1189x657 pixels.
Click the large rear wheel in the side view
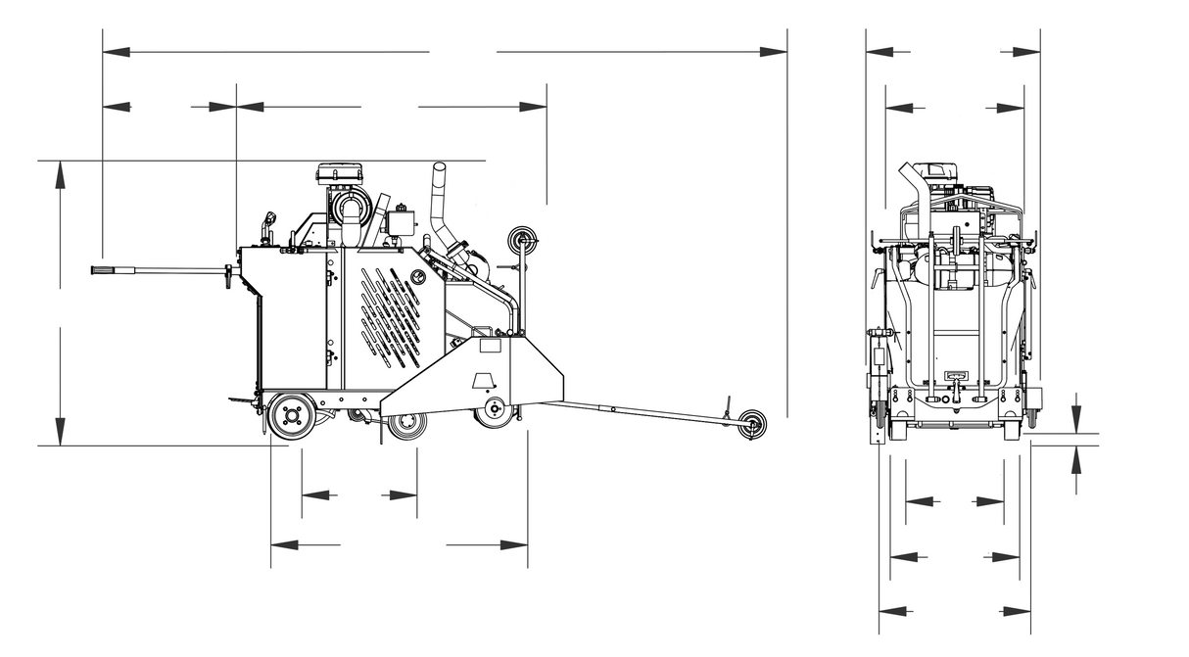tap(291, 416)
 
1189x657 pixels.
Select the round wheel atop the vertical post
tap(521, 239)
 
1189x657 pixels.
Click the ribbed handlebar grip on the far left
tap(106, 269)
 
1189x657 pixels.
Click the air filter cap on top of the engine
tap(339, 174)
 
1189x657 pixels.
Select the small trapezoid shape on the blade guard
tap(483, 380)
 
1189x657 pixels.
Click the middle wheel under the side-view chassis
tap(405, 424)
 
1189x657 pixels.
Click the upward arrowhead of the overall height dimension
tap(61, 174)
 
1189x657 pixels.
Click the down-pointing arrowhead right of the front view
tap(1076, 419)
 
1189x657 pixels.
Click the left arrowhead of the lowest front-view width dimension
tap(890, 612)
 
